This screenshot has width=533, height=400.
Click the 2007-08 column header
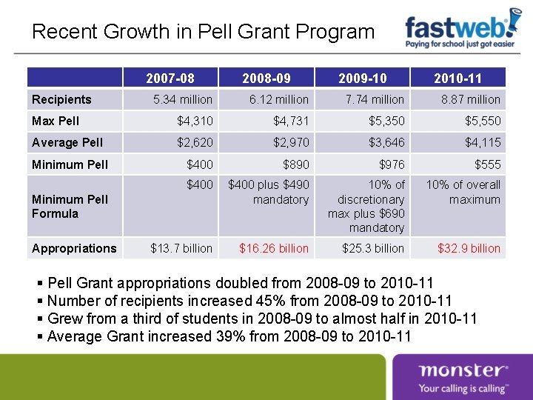coord(171,78)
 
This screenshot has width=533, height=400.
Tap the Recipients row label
coord(62,99)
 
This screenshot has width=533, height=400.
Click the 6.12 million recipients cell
coord(268,99)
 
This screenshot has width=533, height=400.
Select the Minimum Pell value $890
coord(294,164)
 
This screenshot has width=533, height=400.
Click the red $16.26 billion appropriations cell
coord(274,248)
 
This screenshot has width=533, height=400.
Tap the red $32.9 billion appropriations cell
coord(469,248)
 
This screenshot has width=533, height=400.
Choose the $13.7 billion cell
coord(181,248)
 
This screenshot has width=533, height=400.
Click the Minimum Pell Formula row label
coord(70,206)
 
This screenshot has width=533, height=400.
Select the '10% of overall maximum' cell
coord(463,192)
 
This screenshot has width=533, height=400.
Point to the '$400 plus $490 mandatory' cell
coord(269,192)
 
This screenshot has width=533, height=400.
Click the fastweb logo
coord(463,31)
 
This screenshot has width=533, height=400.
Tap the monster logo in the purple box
coord(463,377)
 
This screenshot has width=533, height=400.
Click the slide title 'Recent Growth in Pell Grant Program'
coord(204,32)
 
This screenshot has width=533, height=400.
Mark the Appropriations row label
coord(74,248)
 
